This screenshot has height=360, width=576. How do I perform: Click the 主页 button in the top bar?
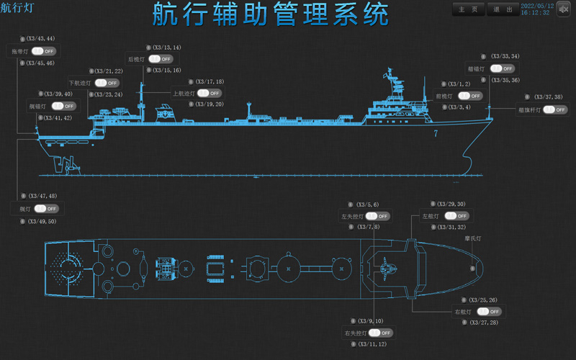coord(468,9)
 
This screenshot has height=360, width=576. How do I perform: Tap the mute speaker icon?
coord(564,9)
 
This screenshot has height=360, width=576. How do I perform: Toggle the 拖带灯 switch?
coord(44,52)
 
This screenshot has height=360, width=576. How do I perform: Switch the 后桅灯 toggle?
coord(161,59)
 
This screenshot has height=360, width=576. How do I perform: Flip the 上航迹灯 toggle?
coord(210,94)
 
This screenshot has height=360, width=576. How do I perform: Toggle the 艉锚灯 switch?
coord(63,107)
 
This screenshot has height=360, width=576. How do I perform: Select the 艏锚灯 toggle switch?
coord(502,69)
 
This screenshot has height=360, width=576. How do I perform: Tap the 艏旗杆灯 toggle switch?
coord(555,110)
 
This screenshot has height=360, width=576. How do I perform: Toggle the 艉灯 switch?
coord(46,209)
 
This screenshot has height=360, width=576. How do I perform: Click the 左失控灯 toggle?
coord(377,216)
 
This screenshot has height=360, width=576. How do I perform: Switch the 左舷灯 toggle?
coord(456,216)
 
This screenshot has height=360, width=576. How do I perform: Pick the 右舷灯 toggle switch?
coord(489,312)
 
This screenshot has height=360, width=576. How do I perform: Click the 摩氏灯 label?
coord(472,238)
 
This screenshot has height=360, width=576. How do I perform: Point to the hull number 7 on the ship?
coord(435,134)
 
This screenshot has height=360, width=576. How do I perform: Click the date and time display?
coord(535,9)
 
